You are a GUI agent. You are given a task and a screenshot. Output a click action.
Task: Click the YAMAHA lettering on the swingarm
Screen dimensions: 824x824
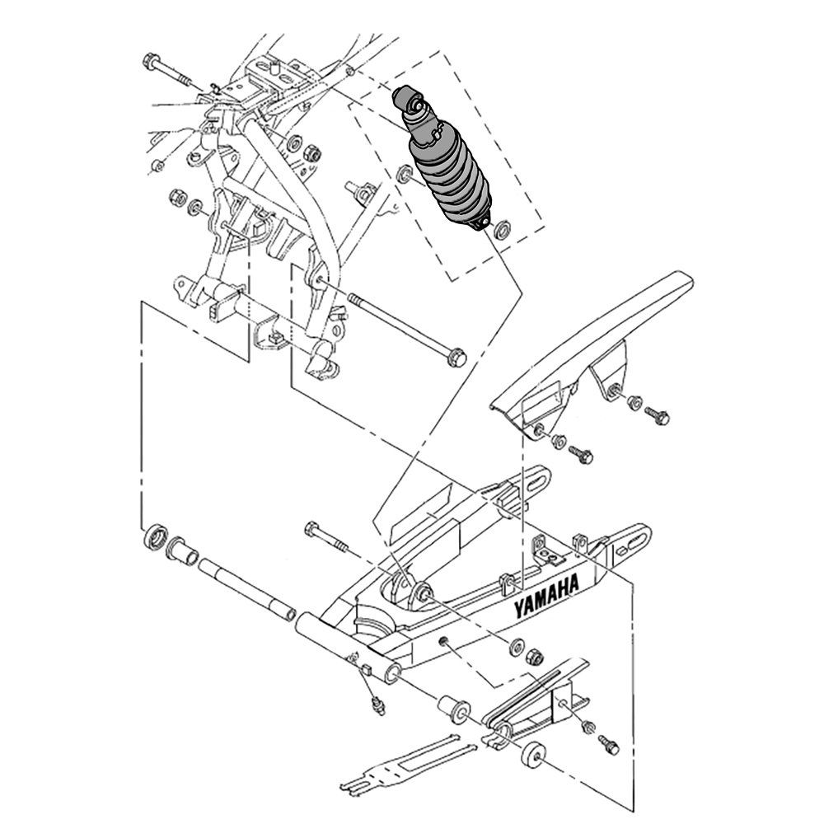pyautogui.click(x=546, y=596)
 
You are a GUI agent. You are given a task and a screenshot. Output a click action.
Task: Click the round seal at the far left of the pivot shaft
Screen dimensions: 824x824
pyautogui.click(x=156, y=536)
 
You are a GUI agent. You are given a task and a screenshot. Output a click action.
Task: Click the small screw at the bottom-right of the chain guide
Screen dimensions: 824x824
pyautogui.click(x=610, y=745)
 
